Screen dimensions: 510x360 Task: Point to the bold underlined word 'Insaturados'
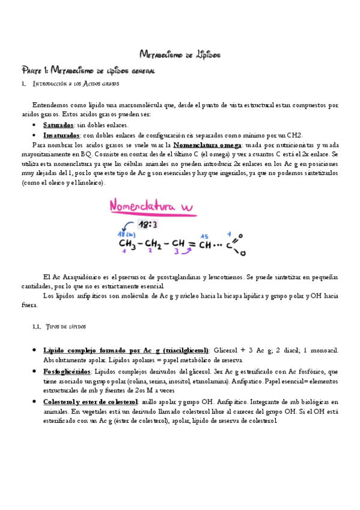pos(61,135)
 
